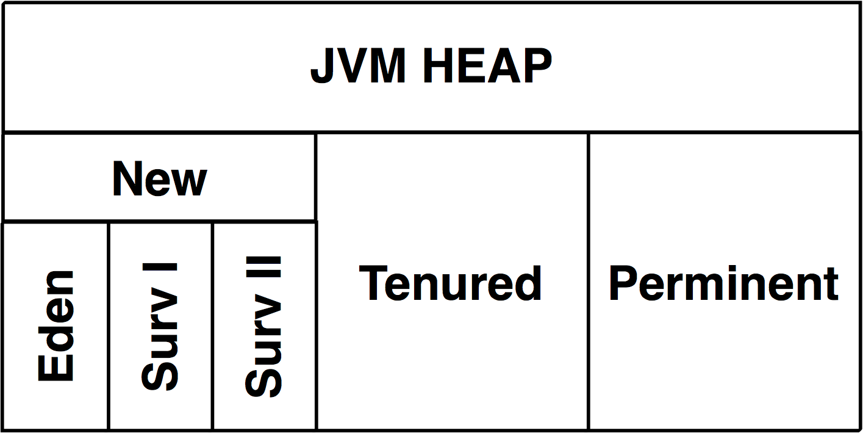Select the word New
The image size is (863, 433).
click(x=160, y=179)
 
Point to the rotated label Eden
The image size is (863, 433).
click(x=56, y=326)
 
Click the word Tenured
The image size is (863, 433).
click(x=451, y=283)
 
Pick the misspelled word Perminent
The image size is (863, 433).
click(x=724, y=283)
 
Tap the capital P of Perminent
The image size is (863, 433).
click(x=623, y=283)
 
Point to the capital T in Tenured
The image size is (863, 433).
click(x=373, y=283)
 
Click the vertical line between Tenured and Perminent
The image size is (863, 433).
click(x=589, y=281)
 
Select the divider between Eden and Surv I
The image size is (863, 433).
click(x=109, y=326)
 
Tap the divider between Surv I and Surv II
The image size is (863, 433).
click(x=212, y=326)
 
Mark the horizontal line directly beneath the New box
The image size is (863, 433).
click(x=160, y=220)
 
